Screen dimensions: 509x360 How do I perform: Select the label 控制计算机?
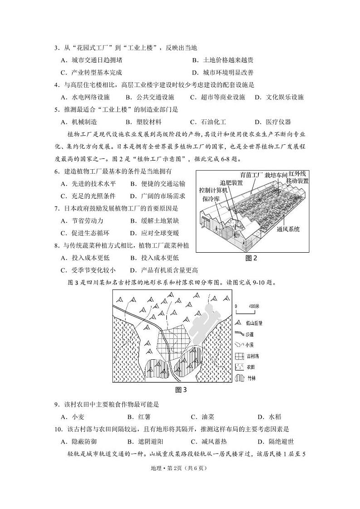(214, 190)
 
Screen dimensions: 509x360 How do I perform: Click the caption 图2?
(251, 258)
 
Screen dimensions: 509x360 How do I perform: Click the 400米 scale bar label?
(254, 306)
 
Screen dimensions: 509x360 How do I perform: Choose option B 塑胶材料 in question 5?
(143, 122)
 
